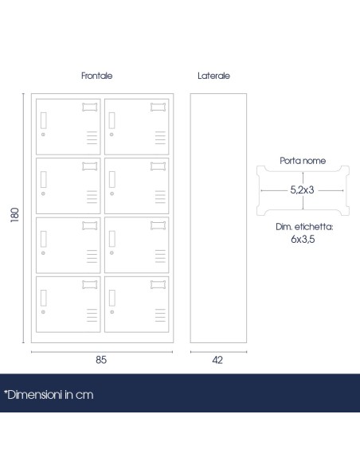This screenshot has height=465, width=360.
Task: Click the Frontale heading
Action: pyautogui.click(x=96, y=76)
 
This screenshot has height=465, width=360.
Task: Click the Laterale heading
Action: pyautogui.click(x=213, y=76)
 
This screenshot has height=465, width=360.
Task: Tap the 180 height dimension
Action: pyautogui.click(x=14, y=215)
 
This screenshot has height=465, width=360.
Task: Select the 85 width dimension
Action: pyautogui.click(x=101, y=360)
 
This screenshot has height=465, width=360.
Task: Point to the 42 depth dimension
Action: pyautogui.click(x=217, y=360)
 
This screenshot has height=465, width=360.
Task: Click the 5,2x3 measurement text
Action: pyautogui.click(x=302, y=190)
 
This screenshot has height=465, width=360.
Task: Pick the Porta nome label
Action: pyautogui.click(x=303, y=160)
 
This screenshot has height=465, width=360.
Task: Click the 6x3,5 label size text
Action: pyautogui.click(x=303, y=239)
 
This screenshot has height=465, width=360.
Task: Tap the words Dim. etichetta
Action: pyautogui.click(x=304, y=227)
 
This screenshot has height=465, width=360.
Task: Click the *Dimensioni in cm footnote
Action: pyautogui.click(x=49, y=395)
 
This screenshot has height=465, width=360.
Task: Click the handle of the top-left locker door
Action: pyautogui.click(x=44, y=120)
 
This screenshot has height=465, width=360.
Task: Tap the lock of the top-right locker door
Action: pyautogui.click(x=112, y=135)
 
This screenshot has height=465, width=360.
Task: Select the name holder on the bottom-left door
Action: pyautogui.click(x=89, y=285)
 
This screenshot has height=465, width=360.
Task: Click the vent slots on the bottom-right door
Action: pyautogui.click(x=160, y=315)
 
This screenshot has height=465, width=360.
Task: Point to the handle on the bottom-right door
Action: pyautogui.click(x=112, y=298)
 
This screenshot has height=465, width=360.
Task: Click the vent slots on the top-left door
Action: pyautogui.click(x=92, y=138)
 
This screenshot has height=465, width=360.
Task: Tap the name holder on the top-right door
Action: pyautogui.click(x=158, y=107)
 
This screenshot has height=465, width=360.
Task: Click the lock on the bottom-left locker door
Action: pyautogui.click(x=43, y=312)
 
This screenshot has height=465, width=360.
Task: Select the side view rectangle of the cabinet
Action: pyautogui.click(x=190, y=218)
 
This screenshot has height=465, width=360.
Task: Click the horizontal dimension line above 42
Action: pyautogui.click(x=218, y=352)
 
